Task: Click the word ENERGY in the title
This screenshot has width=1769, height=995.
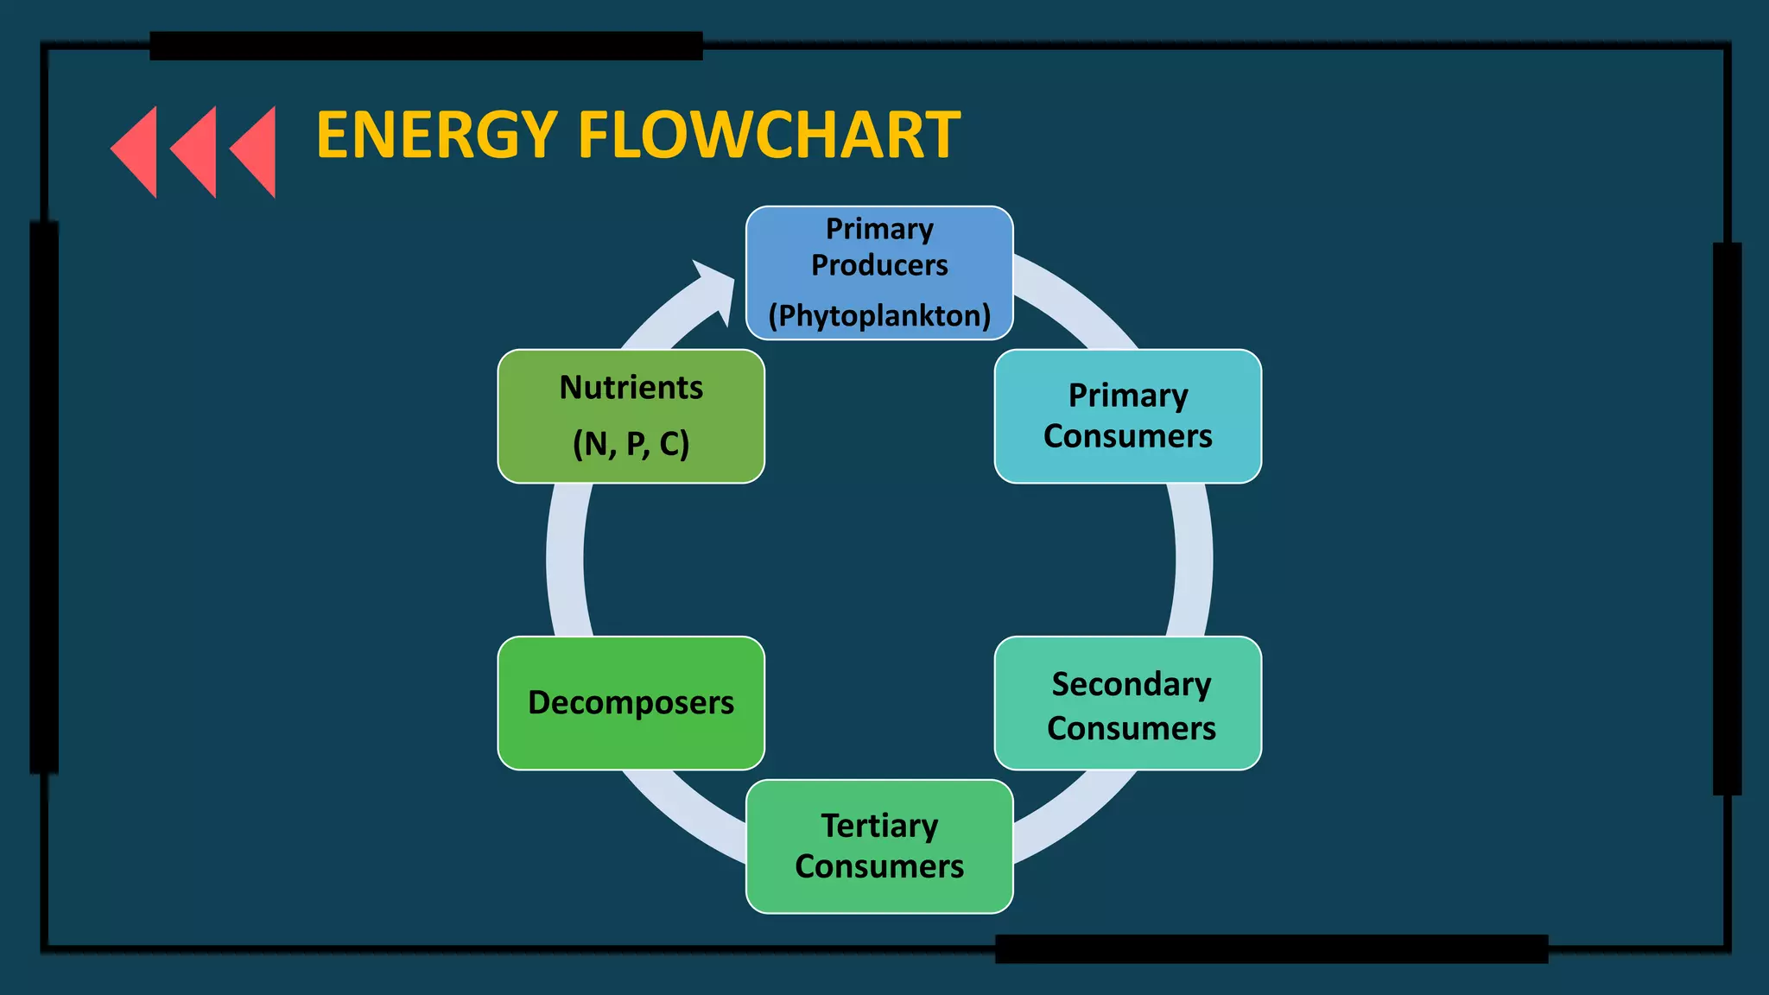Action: pos(436,136)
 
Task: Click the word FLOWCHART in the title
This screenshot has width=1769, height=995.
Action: pos(769,136)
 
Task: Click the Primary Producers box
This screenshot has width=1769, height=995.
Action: pos(879,272)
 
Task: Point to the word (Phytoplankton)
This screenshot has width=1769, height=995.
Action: pos(879,315)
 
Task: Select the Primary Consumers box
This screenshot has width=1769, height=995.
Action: pos(1127,415)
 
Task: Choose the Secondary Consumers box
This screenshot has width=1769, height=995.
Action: pos(1127,703)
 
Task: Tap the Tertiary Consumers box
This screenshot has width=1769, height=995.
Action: pos(879,846)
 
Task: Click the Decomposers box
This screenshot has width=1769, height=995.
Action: pos(631,703)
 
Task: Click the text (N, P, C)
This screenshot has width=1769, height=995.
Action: pos(631,444)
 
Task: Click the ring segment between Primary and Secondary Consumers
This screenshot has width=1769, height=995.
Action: pos(1193,560)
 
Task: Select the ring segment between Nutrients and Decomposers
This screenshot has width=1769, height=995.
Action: pos(566,560)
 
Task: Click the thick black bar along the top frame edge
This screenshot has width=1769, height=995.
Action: pos(426,46)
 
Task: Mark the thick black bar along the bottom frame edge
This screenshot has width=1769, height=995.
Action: pos(1271,948)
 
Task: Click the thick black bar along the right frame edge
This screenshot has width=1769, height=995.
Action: pos(1727,518)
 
